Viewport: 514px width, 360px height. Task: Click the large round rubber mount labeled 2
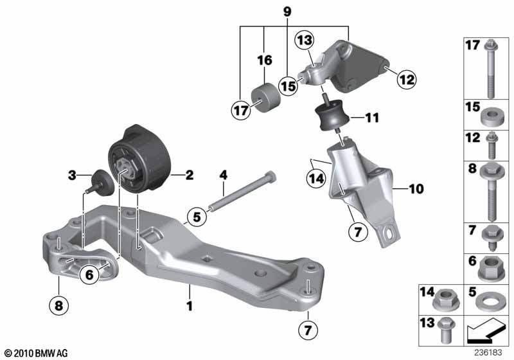pos(140,159)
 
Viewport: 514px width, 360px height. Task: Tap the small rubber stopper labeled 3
pos(100,183)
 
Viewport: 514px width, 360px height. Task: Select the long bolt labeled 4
pos(242,192)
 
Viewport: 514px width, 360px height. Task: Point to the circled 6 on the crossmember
pos(89,274)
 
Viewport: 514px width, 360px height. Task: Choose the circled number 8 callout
pos(58,305)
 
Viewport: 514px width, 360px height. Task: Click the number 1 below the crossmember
pos(189,306)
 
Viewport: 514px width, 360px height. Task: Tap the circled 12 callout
pos(407,79)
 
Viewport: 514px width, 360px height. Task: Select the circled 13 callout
pos(305,40)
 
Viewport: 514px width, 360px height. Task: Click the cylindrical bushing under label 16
pos(266,97)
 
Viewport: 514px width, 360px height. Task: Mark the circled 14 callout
pos(316,179)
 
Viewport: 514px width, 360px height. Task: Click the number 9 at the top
pos(287,12)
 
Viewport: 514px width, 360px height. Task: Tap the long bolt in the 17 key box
pos(490,69)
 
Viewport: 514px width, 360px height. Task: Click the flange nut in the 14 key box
pos(445,300)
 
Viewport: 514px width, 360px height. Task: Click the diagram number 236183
pos(488,353)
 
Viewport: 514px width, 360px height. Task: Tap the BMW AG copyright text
pos(37,353)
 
